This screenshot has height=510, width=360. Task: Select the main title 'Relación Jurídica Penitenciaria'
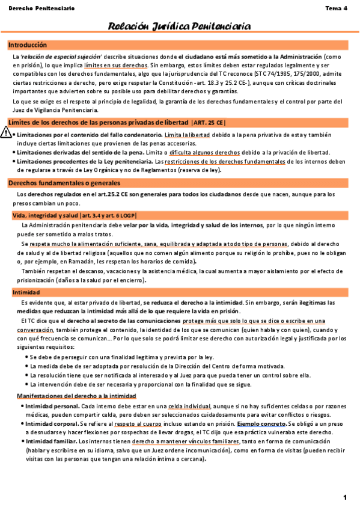179,26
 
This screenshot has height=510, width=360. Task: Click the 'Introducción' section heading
28,45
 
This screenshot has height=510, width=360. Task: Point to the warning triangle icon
6,134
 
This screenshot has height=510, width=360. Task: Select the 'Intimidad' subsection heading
26,292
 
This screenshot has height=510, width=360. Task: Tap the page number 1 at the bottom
346,497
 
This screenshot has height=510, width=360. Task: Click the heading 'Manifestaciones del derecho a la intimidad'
76,396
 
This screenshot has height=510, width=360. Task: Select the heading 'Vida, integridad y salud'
45,215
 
